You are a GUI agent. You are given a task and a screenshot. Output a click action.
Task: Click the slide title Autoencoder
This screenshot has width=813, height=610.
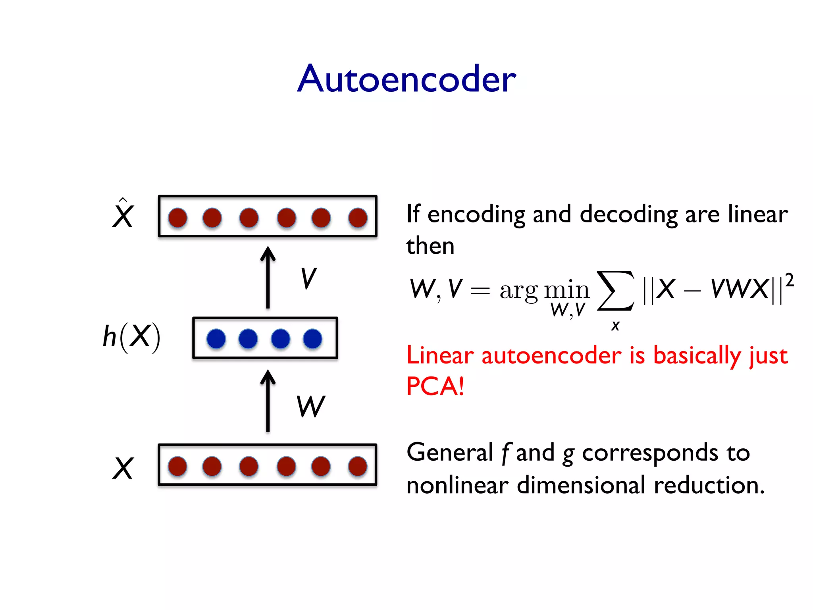tap(406, 79)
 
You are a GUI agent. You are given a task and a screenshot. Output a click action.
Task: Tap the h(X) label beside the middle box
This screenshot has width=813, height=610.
tap(131, 337)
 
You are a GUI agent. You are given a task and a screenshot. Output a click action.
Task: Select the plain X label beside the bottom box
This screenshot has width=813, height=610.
tap(123, 468)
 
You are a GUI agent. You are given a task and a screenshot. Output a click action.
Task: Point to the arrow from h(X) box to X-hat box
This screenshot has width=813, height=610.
tap(268, 278)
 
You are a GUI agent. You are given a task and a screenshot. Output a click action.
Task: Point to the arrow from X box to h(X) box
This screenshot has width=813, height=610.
tap(268, 401)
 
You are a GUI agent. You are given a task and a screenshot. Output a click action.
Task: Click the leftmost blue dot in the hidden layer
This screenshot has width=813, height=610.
tap(216, 339)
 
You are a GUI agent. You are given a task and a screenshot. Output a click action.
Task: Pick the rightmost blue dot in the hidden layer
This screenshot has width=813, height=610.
tap(312, 339)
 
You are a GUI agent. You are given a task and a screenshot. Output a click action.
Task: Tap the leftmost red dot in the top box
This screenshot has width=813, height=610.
tap(177, 218)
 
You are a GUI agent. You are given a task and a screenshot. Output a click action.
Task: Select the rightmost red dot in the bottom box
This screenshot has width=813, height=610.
tap(358, 466)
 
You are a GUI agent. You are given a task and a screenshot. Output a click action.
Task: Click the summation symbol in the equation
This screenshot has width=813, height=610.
tap(615, 291)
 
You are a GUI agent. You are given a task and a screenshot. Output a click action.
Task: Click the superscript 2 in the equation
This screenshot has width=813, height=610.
tap(789, 280)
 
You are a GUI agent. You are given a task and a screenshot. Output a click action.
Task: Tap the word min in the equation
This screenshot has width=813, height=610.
tap(566, 290)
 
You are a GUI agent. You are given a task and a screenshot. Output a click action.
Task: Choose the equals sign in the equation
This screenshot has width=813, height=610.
tap(480, 291)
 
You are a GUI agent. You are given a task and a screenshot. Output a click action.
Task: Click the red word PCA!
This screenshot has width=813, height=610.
tap(435, 386)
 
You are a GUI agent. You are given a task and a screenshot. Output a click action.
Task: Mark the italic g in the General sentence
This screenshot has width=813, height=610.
tap(568, 454)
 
